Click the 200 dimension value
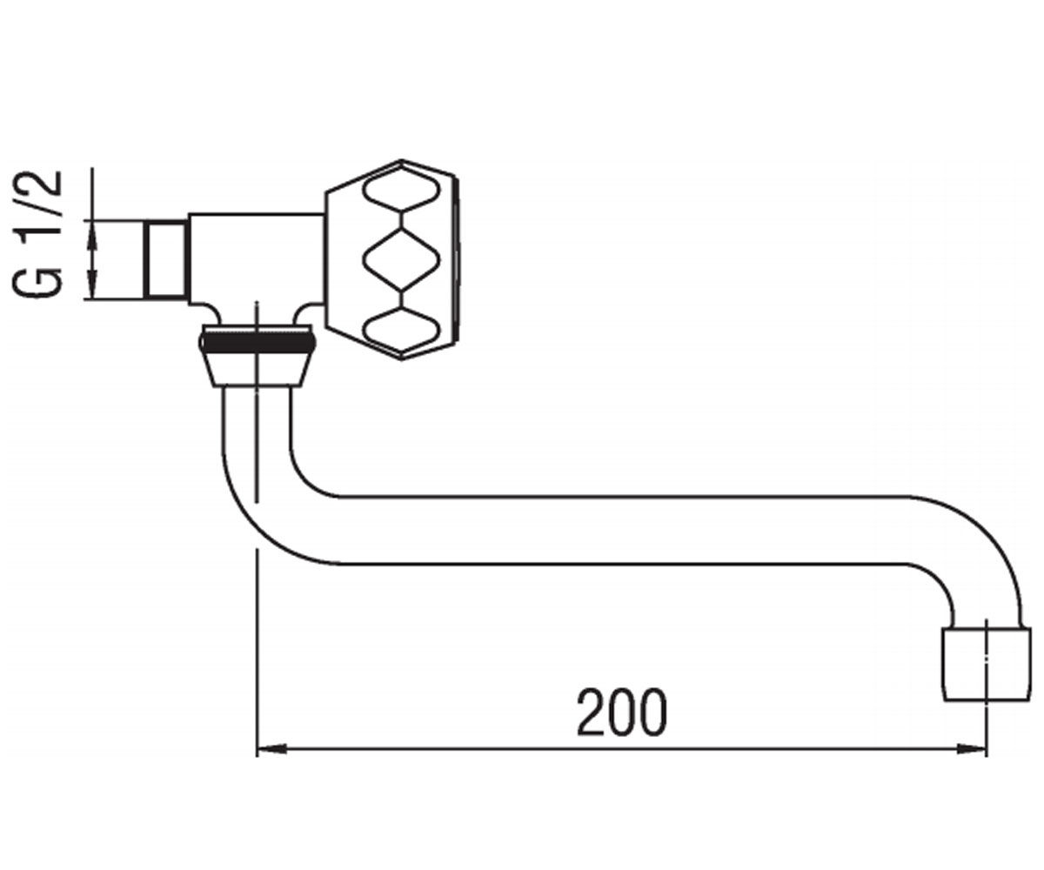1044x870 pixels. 622,712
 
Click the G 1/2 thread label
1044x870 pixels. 37,234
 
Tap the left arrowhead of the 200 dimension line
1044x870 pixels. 271,749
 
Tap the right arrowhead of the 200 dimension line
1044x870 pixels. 971,749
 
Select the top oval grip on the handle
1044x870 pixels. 401,192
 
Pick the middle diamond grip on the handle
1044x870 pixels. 401,259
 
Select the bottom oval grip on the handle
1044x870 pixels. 401,329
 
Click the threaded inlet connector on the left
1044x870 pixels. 166,259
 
